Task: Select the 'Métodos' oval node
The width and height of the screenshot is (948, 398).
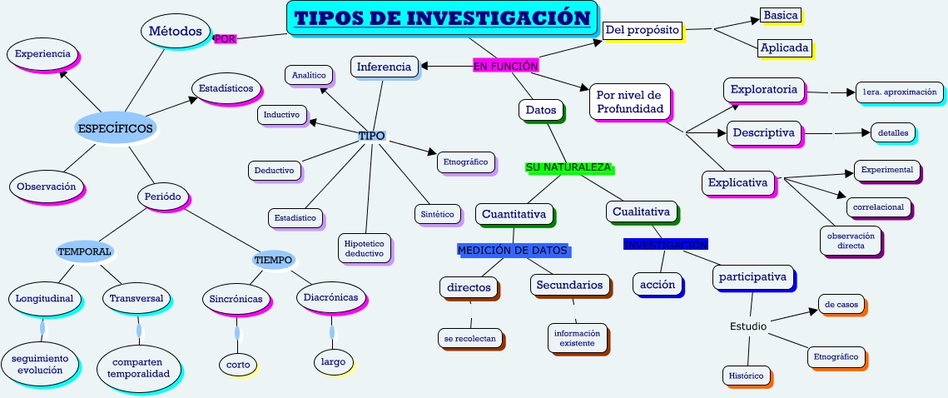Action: pyautogui.click(x=175, y=32)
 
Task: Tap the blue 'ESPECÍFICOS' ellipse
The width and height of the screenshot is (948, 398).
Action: pyautogui.click(x=115, y=128)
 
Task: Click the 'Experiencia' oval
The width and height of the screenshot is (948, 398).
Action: pyautogui.click(x=42, y=54)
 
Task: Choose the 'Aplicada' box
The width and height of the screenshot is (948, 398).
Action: pyautogui.click(x=784, y=47)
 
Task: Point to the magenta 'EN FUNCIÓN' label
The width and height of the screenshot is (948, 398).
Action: pyautogui.click(x=505, y=66)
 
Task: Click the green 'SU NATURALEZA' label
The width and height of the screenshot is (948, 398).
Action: pyautogui.click(x=568, y=167)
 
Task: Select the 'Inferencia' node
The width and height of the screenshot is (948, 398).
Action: pyautogui.click(x=384, y=67)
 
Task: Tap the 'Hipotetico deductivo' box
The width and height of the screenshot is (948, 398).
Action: pyautogui.click(x=365, y=247)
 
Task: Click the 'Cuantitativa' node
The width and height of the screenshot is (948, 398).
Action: pyautogui.click(x=514, y=214)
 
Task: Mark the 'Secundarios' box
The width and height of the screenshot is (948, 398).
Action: pyautogui.click(x=569, y=285)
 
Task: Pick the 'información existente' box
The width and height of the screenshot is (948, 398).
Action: pyautogui.click(x=577, y=337)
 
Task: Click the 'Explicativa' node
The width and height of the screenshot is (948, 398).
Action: pyautogui.click(x=737, y=182)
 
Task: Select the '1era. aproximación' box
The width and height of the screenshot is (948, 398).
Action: pyautogui.click(x=899, y=92)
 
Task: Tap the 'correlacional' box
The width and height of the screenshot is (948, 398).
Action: pyautogui.click(x=878, y=206)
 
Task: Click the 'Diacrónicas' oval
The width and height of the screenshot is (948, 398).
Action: pyautogui.click(x=330, y=297)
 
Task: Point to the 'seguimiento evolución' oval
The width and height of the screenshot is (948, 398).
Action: pyautogui.click(x=40, y=364)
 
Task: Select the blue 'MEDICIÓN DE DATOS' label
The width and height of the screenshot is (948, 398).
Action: pyautogui.click(x=512, y=250)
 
